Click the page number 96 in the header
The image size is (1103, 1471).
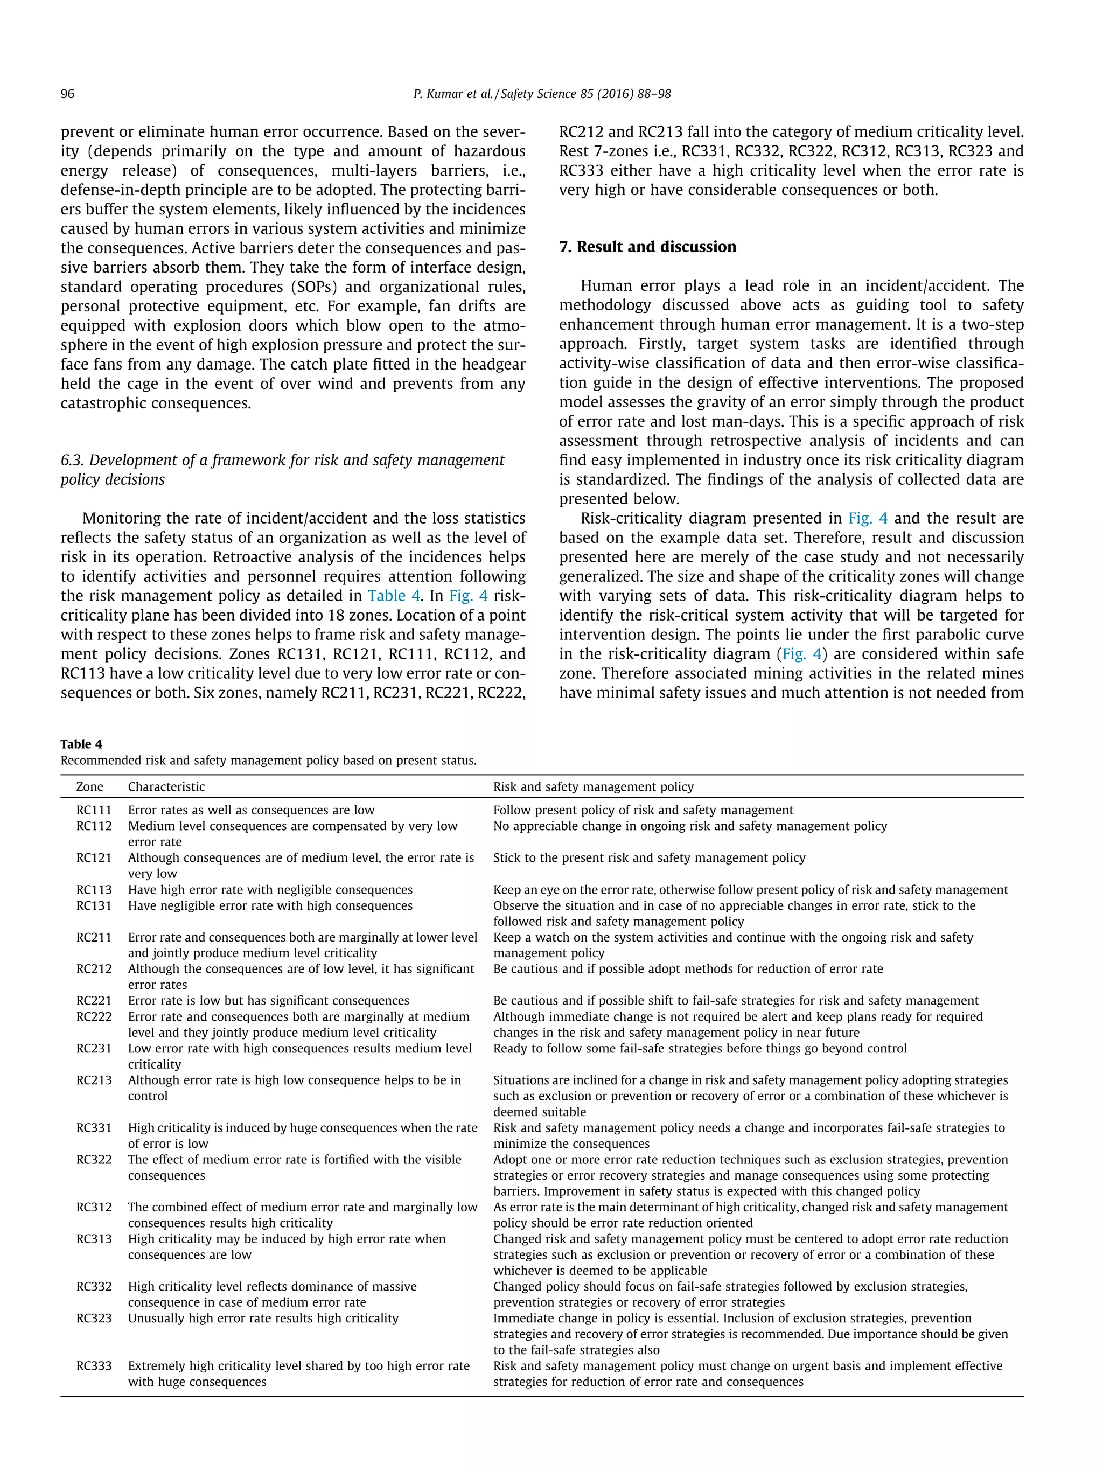coord(68,94)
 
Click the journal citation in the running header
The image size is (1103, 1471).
coord(542,94)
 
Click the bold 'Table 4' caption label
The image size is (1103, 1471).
coord(81,744)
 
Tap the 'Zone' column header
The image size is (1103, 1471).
coord(90,787)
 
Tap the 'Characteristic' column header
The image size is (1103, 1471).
coord(166,787)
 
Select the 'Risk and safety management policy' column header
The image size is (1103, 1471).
coord(593,787)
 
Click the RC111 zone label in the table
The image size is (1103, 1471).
coord(94,810)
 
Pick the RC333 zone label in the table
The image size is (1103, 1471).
coord(94,1366)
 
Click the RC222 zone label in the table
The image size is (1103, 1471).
coord(94,1017)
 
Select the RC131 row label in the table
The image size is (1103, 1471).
coord(94,906)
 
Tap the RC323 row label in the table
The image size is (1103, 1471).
coord(94,1318)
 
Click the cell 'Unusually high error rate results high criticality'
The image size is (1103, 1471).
coord(263,1318)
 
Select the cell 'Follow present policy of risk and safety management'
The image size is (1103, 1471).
coord(643,810)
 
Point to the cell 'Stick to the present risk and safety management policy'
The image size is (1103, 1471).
coord(649,858)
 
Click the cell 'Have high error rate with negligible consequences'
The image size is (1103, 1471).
coord(270,890)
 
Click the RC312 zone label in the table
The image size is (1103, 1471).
coord(94,1207)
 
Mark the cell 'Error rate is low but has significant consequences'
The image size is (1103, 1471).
coord(269,1001)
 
